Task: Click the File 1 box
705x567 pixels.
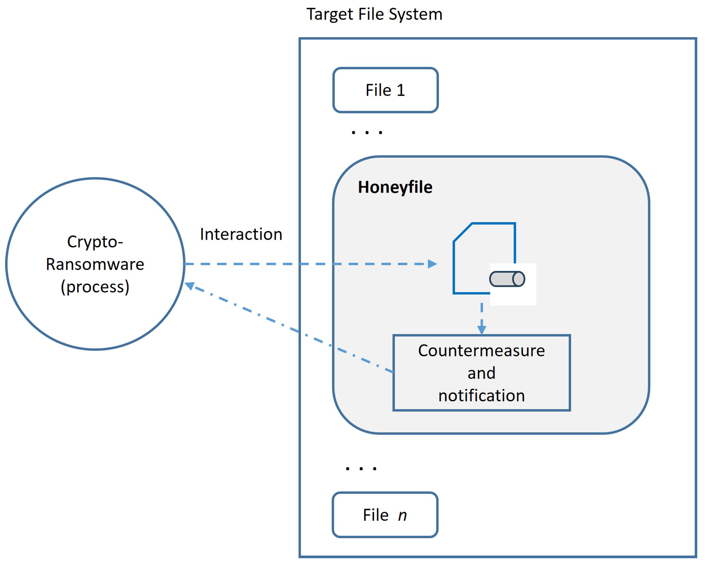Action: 386,90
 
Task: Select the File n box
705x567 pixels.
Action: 385,515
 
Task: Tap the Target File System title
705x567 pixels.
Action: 374,14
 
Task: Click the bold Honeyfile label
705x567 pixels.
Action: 395,187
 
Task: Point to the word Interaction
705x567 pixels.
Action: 241,234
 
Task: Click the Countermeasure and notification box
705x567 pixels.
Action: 482,373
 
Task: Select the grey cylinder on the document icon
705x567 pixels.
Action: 507,279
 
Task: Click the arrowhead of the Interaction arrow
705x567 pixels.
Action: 433,264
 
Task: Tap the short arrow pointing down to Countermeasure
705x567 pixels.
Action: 482,319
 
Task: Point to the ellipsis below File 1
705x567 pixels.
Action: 367,132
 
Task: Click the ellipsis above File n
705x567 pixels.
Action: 361,469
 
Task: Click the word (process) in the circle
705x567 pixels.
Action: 95,287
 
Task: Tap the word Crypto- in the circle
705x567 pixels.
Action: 95,242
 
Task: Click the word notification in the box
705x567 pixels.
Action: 482,395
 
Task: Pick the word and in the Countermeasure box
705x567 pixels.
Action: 482,373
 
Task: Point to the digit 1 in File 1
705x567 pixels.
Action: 401,90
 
